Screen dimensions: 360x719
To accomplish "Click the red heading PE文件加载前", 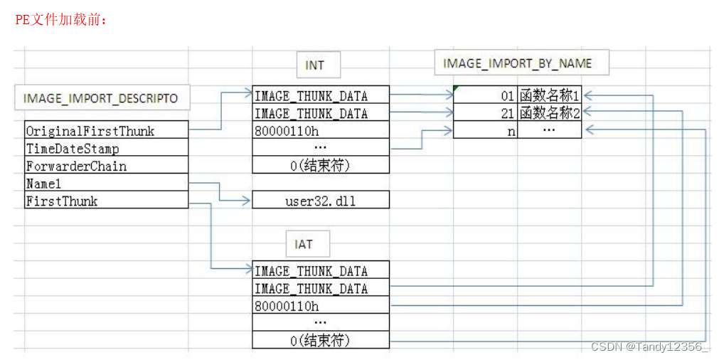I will click(x=61, y=20).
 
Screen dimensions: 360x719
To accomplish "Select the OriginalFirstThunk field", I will click(x=105, y=131).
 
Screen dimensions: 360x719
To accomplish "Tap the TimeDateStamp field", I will click(x=105, y=149).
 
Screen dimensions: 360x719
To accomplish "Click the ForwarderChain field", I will click(x=105, y=166).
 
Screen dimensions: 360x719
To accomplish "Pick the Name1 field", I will click(x=105, y=184).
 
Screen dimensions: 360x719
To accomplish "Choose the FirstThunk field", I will click(x=105, y=201).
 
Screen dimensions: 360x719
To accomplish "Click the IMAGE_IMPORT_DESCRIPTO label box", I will click(x=102, y=98).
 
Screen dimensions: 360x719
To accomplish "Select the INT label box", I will click(x=315, y=65).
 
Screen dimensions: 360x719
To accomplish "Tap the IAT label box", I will click(x=304, y=245).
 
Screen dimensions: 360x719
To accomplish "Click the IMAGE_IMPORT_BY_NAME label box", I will click(x=518, y=63).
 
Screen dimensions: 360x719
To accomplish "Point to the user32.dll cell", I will click(x=321, y=201).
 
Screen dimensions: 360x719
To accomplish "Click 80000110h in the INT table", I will click(x=321, y=132).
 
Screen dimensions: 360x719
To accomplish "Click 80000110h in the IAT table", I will click(x=321, y=307).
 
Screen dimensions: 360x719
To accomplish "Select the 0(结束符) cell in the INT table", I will click(x=321, y=166).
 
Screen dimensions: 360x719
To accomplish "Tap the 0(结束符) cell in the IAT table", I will click(x=321, y=341).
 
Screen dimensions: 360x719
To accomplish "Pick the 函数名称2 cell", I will click(x=549, y=114).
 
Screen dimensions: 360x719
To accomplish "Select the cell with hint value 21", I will click(x=486, y=114).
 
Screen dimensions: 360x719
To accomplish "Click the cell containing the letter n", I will click(x=486, y=132).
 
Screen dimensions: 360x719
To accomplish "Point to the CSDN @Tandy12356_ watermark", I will click(x=650, y=346).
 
